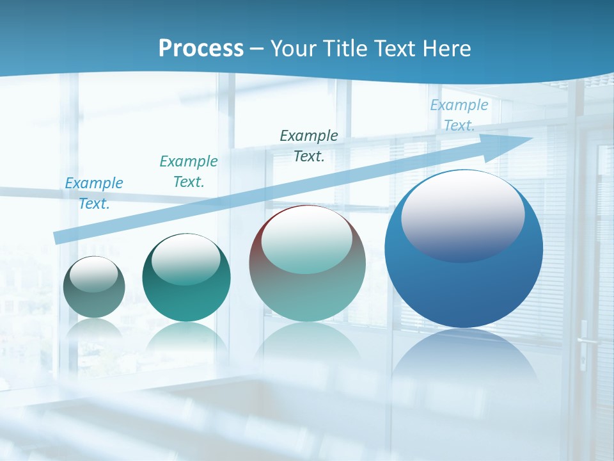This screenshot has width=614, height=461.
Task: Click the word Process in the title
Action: (x=201, y=48)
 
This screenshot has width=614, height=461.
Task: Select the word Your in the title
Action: (x=294, y=48)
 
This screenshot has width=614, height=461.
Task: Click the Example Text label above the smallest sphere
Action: (x=94, y=193)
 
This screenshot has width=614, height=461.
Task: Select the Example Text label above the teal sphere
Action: (x=189, y=172)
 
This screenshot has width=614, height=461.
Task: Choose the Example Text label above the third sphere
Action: (x=309, y=145)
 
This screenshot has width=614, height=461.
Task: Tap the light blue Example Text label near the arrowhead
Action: (x=459, y=115)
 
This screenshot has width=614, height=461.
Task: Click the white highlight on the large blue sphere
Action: (x=462, y=214)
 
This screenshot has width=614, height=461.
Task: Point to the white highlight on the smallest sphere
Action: (x=94, y=274)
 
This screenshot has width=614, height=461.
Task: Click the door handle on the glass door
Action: (x=585, y=341)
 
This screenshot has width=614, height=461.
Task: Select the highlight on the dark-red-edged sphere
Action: (x=306, y=238)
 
